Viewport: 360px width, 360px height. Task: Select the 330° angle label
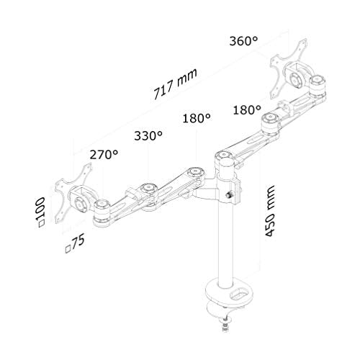148,135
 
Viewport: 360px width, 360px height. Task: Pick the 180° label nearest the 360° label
246,110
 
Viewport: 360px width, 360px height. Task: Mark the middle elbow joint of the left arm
147,188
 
